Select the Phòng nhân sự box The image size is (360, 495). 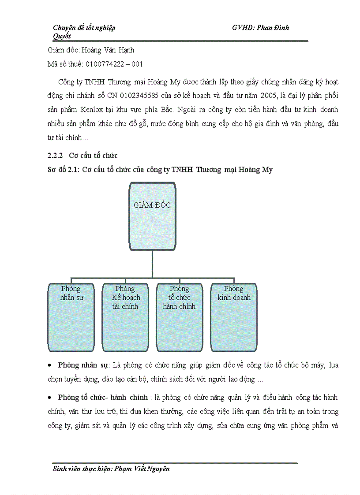71,317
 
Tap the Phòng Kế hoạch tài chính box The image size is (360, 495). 125,317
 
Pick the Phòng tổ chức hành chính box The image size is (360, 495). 179,317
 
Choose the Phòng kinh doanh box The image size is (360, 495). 233,317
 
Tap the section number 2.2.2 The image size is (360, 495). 56,156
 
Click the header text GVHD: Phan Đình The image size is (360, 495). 260,28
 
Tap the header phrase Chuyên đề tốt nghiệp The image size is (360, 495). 84,28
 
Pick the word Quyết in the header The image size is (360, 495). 62,36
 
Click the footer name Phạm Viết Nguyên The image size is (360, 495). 142,469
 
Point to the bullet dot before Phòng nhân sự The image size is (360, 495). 51,366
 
